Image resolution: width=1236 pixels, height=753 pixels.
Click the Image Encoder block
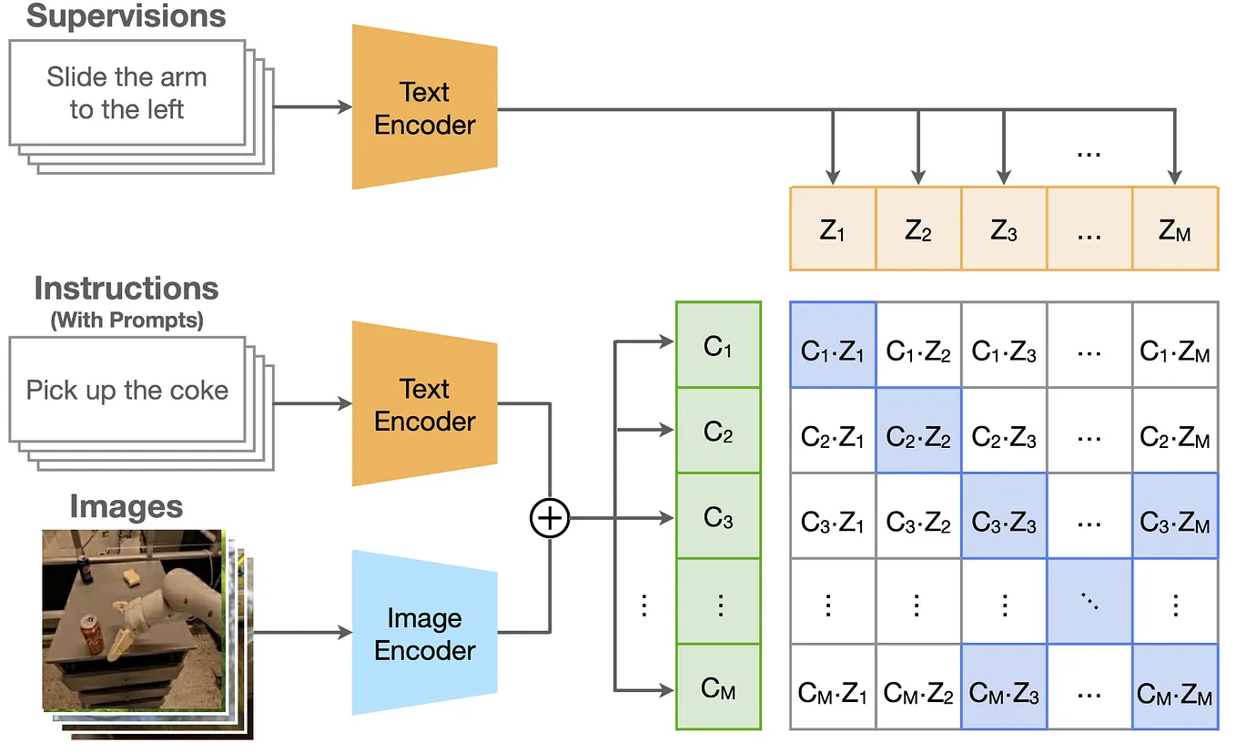pos(425,633)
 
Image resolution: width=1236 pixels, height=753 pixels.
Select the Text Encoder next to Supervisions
pos(425,107)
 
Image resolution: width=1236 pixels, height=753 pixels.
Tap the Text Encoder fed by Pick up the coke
pos(425,403)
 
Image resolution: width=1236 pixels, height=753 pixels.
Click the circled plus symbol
pos(550,518)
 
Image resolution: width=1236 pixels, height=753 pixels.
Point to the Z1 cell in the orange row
pos(833,229)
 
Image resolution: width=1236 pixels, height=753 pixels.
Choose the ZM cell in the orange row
pos(1175,229)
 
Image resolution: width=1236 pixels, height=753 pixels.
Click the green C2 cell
pos(718,431)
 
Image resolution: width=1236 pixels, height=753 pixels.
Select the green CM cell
pos(718,687)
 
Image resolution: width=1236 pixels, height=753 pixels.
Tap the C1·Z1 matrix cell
pos(833,344)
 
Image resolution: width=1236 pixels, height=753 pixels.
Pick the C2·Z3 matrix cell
pos(1004,431)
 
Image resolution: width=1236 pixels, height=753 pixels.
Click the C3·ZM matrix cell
pos(1175,516)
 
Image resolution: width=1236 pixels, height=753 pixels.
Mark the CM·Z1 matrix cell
pos(833,687)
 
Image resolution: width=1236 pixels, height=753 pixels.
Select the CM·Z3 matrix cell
pos(1004,687)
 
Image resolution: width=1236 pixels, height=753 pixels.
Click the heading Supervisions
pos(127,16)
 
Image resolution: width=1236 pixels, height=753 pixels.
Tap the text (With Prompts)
pos(127,321)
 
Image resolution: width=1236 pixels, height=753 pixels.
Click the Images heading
pos(127,507)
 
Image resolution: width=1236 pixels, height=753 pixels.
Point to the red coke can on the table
pos(92,635)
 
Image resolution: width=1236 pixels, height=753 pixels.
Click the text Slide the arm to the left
pos(127,93)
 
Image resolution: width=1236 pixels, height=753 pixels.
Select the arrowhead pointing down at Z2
pos(918,178)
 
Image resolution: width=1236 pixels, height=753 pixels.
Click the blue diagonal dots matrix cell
pos(1089,602)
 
